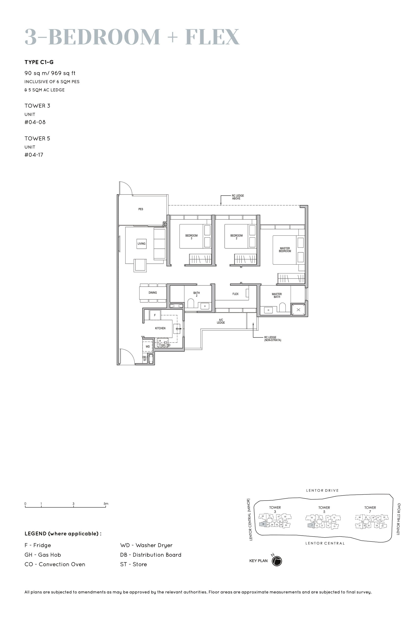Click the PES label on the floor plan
pos(141,209)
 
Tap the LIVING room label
pos(142,244)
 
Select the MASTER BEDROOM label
pos(285,250)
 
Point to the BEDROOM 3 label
pos(191,237)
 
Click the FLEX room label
pos(235,294)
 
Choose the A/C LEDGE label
pos(221,321)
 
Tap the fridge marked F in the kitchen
pos(155,315)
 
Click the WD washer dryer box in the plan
pos(148,347)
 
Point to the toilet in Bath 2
pos(191,303)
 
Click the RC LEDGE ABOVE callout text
pos(238,197)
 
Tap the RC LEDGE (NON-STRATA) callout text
pos(272,339)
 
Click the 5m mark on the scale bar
pos(106,504)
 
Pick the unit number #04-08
pos(35,122)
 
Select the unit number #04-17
pos(34,155)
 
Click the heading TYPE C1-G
pos(39,62)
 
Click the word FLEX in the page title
pos(212,37)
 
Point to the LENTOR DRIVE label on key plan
pos(322,490)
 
